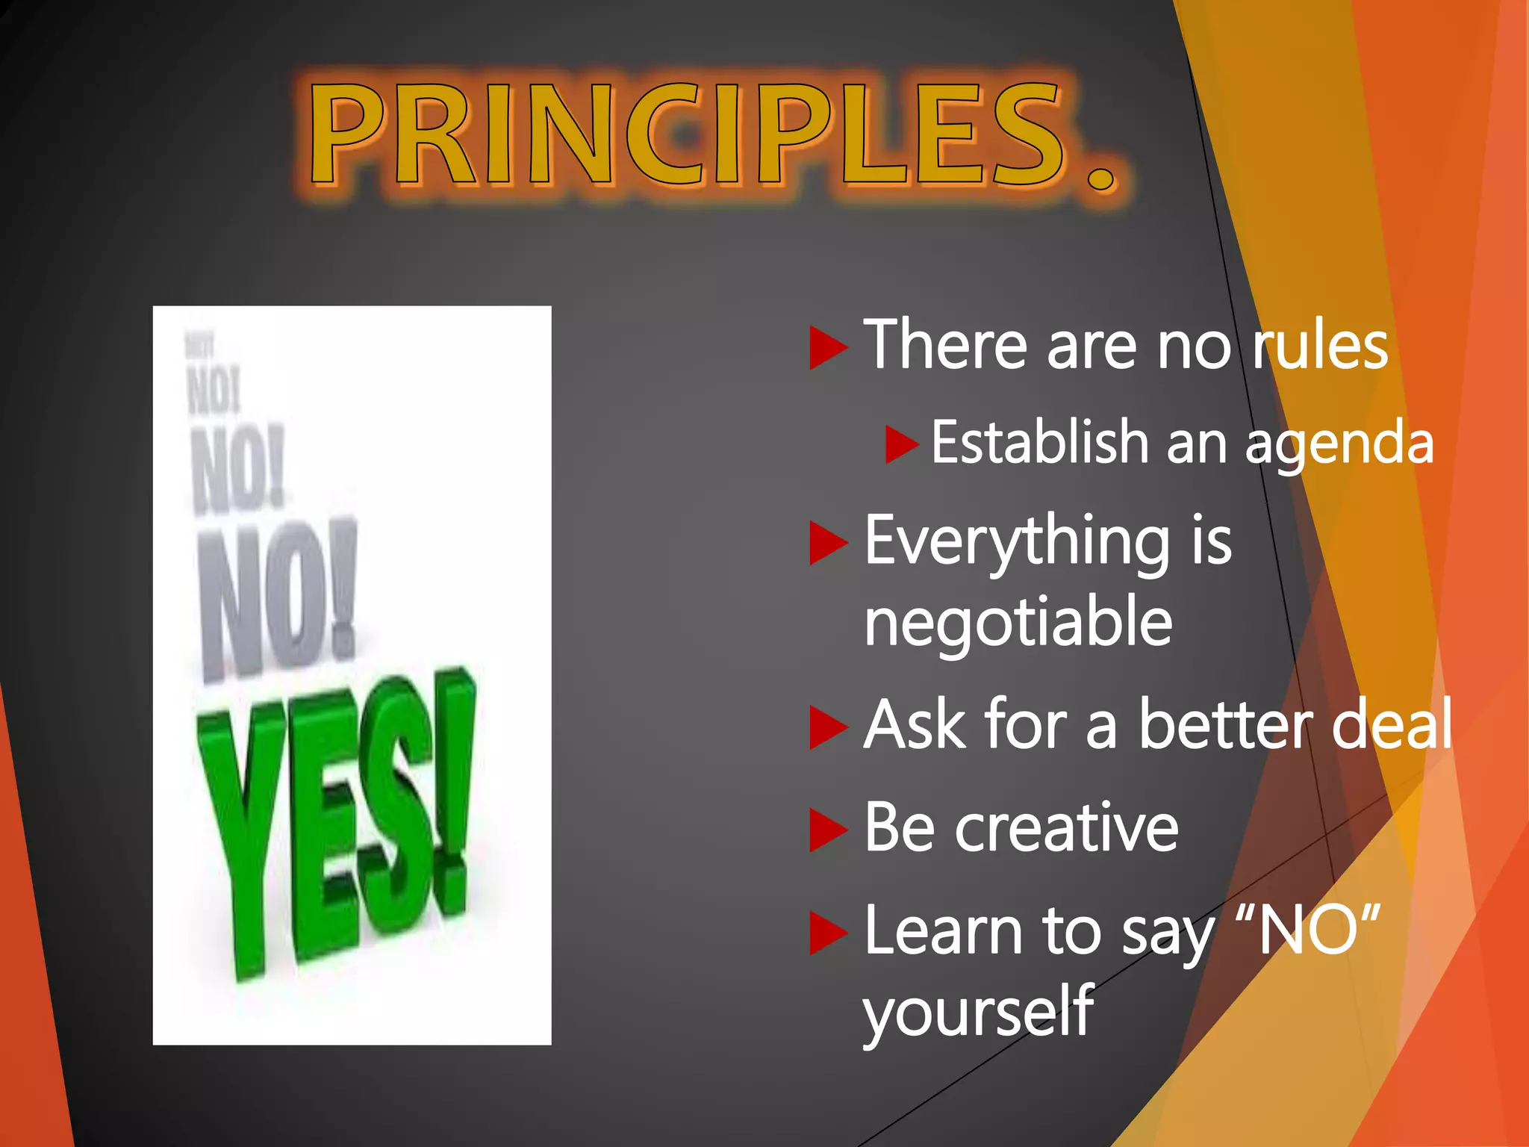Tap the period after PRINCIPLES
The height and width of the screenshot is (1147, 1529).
click(x=1101, y=177)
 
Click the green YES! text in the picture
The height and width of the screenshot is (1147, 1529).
click(x=336, y=821)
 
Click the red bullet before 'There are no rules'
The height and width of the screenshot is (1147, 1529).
click(x=827, y=347)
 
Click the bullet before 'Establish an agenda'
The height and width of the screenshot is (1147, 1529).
click(x=900, y=444)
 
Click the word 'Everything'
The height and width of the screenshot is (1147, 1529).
click(x=1017, y=541)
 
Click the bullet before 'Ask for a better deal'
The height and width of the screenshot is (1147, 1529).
click(x=827, y=727)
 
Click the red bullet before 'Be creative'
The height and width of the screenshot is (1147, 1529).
click(x=827, y=830)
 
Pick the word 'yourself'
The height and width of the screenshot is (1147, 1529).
click(x=978, y=1012)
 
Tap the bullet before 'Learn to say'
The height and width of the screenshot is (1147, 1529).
click(x=827, y=933)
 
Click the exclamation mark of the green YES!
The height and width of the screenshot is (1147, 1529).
click(x=452, y=792)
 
